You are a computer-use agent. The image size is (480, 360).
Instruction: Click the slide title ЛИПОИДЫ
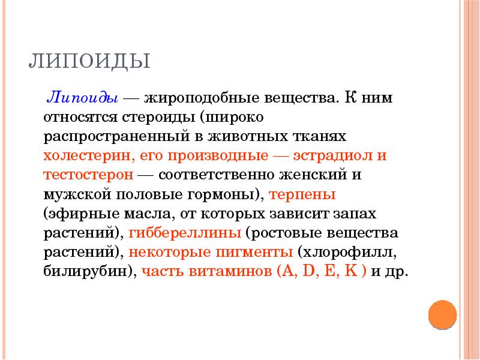click(x=89, y=62)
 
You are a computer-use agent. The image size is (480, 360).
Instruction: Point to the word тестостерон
click(x=88, y=175)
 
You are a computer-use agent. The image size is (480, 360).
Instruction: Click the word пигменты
click(x=254, y=251)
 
